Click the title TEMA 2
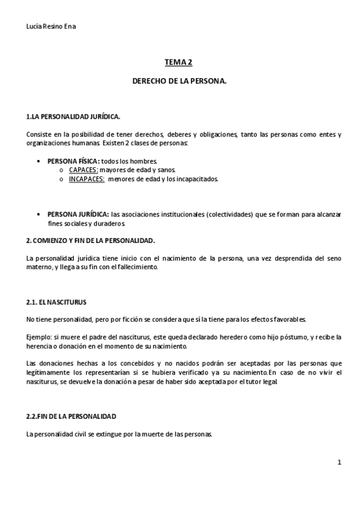pos(179,62)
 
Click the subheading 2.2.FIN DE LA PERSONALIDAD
pos(72,416)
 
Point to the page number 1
pos(339,462)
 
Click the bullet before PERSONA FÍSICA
pos(39,162)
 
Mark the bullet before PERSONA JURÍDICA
pos(39,215)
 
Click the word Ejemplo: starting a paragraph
pos(39,336)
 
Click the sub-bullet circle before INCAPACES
pos(62,179)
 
